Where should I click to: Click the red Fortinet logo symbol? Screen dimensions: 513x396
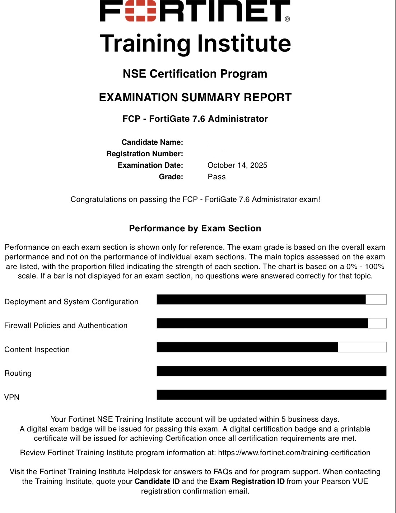coord(141,11)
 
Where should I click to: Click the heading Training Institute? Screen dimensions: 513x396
coord(195,43)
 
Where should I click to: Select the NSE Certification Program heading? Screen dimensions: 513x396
coord(195,74)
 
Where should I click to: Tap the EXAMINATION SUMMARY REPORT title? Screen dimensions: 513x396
coord(195,97)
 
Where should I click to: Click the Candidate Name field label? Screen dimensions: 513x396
coord(152,142)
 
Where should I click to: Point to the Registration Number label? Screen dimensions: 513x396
coord(145,154)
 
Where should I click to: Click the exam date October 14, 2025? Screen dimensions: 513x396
coord(237,165)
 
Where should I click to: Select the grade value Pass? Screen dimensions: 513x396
coord(216,177)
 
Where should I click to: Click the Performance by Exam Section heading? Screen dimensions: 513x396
coord(195,228)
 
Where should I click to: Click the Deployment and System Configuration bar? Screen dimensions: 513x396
coord(261,299)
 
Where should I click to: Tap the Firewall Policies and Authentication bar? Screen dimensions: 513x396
coord(262,323)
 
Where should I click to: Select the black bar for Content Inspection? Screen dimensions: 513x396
coord(247,347)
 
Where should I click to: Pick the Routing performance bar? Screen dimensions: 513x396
coord(271,371)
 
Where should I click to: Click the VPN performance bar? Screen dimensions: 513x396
coord(271,395)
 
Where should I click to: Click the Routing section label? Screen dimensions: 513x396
coord(18,373)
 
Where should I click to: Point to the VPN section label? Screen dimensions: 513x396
coord(12,397)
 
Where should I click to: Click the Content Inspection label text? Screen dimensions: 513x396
coord(37,350)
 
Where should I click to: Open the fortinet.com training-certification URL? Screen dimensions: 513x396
coord(294,453)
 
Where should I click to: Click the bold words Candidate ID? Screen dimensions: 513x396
coord(157,481)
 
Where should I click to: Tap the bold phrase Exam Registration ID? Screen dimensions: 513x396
coord(247,481)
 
